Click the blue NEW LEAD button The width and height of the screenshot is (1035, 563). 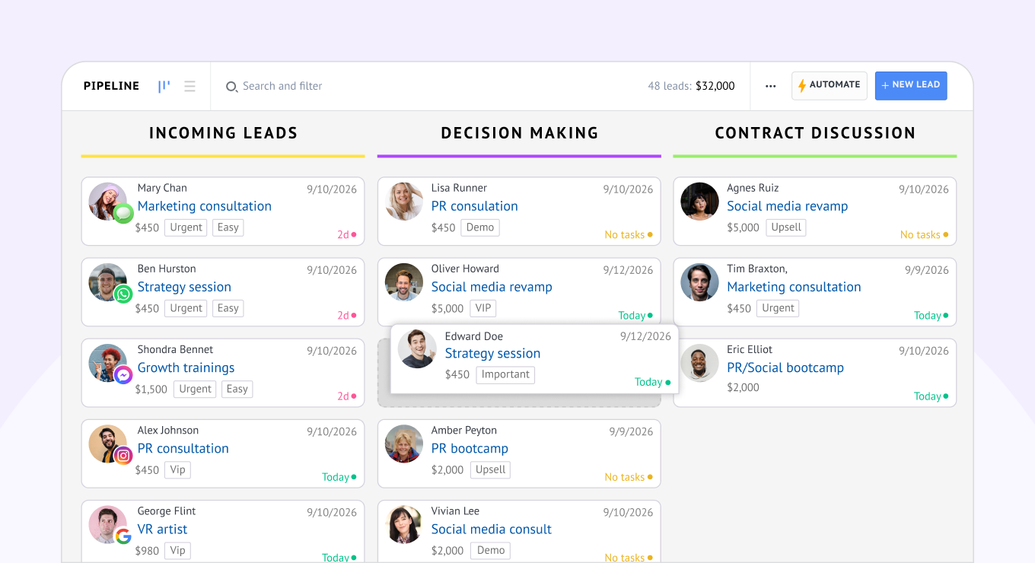click(x=910, y=85)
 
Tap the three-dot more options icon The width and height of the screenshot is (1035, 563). click(x=770, y=86)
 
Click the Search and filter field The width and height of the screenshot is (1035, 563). click(x=282, y=86)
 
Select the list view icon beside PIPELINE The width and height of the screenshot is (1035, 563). click(x=189, y=86)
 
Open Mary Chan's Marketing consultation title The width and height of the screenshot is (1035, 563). click(x=204, y=206)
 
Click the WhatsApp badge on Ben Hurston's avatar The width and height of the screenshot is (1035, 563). click(x=123, y=294)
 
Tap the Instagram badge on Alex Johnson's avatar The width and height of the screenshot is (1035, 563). click(x=123, y=455)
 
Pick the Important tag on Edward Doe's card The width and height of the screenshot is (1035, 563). click(x=505, y=374)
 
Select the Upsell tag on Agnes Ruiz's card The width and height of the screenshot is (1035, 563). click(x=786, y=227)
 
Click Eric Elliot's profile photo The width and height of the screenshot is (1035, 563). click(x=699, y=363)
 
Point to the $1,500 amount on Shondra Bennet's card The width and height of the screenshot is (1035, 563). click(x=151, y=389)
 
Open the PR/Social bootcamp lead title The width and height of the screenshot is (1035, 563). click(x=785, y=367)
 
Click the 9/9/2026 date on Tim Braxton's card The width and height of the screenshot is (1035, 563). click(x=926, y=270)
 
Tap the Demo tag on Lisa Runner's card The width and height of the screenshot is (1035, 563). click(x=480, y=227)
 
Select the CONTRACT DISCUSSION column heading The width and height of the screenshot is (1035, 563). click(x=814, y=133)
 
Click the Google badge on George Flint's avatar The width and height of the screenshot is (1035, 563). click(x=123, y=536)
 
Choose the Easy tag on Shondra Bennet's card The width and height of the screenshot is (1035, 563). click(x=237, y=389)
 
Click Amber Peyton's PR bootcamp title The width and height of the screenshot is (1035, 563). click(x=469, y=449)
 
